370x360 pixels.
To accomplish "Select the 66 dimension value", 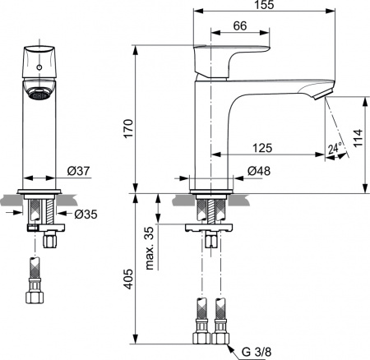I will [240, 27].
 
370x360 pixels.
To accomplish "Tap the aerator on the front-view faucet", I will [38, 95].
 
